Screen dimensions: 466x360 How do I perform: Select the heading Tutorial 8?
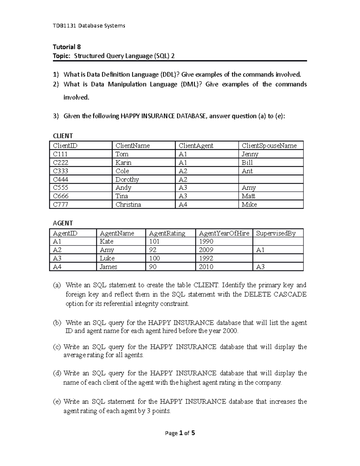67,47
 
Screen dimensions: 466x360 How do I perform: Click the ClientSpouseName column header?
269,146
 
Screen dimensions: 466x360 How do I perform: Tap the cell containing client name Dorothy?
127,179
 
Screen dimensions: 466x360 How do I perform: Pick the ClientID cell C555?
61,188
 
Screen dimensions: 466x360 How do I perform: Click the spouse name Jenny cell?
250,154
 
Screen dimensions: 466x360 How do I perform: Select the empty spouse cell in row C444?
271,179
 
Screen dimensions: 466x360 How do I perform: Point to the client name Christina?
128,205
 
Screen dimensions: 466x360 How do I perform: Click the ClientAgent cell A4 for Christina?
183,205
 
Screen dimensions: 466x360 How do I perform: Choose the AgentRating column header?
167,233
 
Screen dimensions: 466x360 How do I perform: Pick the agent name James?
108,267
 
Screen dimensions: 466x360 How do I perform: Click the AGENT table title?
63,223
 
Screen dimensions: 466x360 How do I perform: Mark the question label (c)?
57,347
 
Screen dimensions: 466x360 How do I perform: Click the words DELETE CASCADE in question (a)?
275,294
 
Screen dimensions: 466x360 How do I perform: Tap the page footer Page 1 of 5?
180,433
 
